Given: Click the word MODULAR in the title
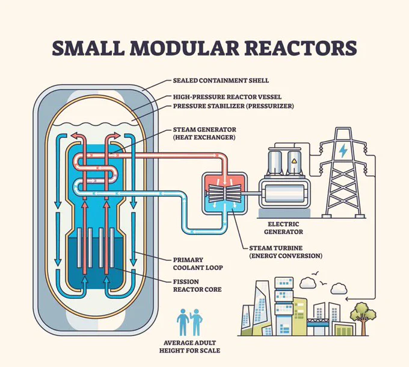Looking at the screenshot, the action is click(185, 48).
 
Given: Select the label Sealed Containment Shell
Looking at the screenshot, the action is click(221, 81).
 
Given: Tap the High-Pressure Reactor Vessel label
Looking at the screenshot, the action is click(227, 97).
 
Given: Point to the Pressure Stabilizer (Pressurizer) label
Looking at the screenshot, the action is click(233, 106).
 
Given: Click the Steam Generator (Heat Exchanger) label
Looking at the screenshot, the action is click(204, 133).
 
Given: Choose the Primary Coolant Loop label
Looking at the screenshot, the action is click(198, 264).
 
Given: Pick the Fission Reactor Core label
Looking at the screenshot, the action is click(197, 286).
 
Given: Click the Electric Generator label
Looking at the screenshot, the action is click(283, 228).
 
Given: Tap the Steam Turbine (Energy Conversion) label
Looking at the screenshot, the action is click(286, 252).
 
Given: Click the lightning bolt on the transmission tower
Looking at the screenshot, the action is click(342, 150).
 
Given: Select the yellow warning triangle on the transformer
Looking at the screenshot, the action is click(294, 161).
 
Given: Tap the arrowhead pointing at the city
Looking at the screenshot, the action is click(346, 298).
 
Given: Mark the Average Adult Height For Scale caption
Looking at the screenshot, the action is click(189, 347).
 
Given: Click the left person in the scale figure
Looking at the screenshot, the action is click(183, 322).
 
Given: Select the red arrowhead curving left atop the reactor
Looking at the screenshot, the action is click(75, 136).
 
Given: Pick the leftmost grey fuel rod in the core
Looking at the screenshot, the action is click(79, 248).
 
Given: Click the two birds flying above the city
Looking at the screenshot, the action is click(319, 278).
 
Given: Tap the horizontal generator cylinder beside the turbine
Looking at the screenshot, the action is click(284, 194).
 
